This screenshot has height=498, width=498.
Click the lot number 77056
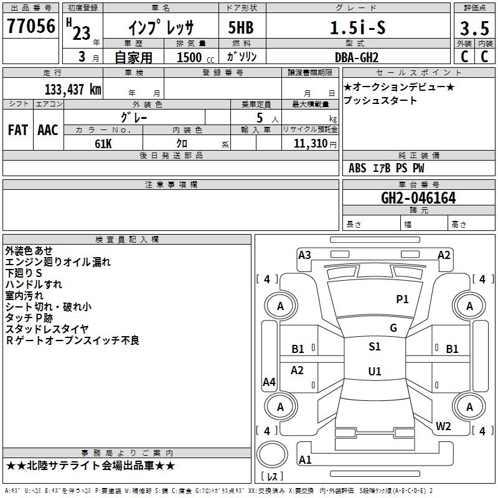31,27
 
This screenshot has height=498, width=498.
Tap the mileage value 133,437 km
73,89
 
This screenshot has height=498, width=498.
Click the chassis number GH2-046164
418,198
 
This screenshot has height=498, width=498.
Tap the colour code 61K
103,143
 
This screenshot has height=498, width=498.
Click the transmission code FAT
17,129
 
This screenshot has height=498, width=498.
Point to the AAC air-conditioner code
47,129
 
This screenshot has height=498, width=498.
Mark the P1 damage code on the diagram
402,299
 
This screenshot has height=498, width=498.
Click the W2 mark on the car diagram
443,426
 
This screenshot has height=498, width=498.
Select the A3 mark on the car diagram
304,255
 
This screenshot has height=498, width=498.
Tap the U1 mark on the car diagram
374,371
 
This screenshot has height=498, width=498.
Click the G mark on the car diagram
393,328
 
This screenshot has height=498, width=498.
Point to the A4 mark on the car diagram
269,382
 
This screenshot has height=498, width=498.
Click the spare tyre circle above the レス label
272,455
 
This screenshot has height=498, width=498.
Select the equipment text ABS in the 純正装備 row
357,167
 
